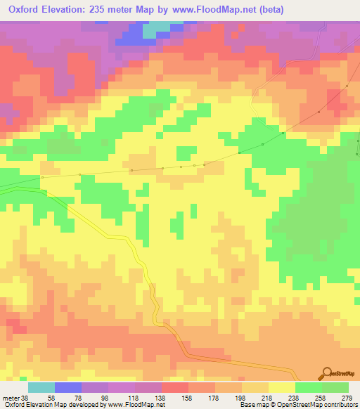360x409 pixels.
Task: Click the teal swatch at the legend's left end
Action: point(41,387)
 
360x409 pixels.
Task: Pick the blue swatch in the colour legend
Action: point(68,387)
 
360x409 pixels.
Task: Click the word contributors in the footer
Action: point(339,404)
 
